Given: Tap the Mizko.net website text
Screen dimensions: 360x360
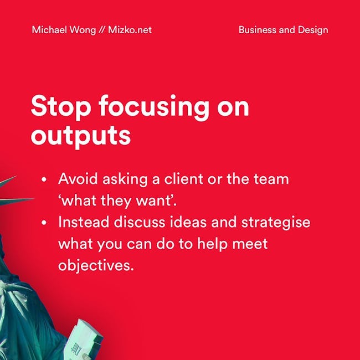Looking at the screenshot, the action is coord(130,30).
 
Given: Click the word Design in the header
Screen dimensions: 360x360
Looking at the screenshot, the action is coord(313,30).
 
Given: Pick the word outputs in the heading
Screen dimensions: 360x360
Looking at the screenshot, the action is coord(81,136).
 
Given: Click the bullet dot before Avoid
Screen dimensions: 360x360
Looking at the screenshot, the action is coord(44,179).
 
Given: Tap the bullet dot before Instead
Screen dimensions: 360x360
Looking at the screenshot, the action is coord(44,223).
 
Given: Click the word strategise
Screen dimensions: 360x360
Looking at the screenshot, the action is coord(276,223).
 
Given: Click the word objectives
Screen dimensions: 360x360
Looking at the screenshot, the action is coord(96,266).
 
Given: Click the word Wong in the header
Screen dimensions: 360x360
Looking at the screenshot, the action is coord(83,30).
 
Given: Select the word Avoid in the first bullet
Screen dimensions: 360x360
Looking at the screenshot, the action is coord(78,179).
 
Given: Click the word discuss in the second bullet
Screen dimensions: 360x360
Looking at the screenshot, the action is coord(140,222).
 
